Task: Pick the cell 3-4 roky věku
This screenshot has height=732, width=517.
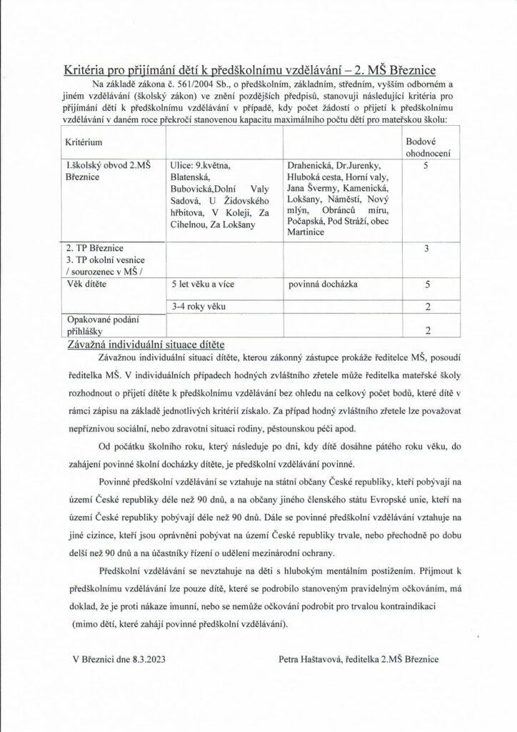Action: (x=194, y=306)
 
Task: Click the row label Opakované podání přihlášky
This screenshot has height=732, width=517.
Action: (x=96, y=326)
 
